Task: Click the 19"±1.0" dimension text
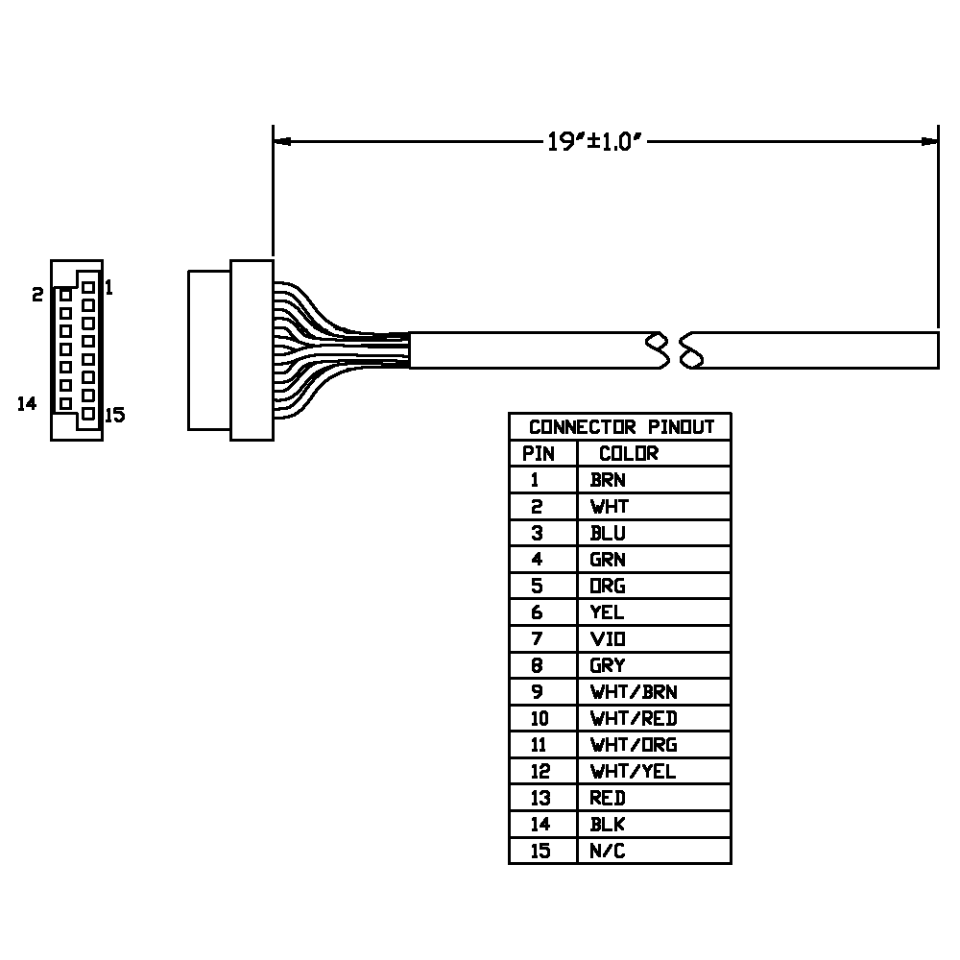tap(594, 141)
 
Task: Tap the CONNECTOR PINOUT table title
tap(621, 427)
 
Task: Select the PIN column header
tap(539, 454)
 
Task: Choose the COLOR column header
tap(629, 454)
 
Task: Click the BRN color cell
tap(608, 480)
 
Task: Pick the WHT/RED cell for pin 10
tap(634, 718)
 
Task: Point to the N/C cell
tap(608, 851)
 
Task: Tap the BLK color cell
tap(608, 825)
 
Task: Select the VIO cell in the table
tap(608, 639)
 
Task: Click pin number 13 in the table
tap(540, 799)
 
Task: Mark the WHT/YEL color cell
tap(633, 772)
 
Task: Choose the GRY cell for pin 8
tap(608, 665)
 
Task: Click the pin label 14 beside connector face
tap(27, 404)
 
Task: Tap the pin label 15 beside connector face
tap(115, 415)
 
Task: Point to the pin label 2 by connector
tap(38, 295)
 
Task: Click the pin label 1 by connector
tap(109, 287)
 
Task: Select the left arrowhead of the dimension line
tap(282, 141)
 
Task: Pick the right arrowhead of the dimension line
tap(929, 141)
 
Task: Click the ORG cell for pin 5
tap(608, 586)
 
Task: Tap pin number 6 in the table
tap(537, 612)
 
